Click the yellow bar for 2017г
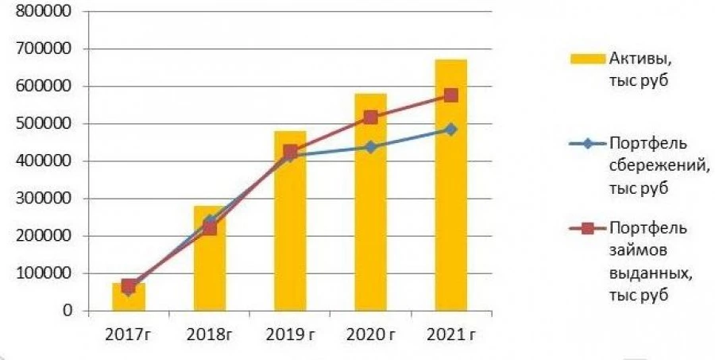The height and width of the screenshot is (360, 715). click(x=129, y=298)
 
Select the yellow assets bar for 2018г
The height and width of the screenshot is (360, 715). click(x=209, y=270)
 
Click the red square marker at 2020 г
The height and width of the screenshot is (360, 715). click(x=370, y=118)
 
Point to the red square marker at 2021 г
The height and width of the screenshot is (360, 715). click(x=450, y=95)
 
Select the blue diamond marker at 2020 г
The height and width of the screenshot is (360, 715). click(x=370, y=147)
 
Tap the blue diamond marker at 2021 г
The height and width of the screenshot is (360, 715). click(x=450, y=129)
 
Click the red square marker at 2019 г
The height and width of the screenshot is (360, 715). click(x=290, y=151)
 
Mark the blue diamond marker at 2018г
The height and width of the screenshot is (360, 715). click(x=209, y=220)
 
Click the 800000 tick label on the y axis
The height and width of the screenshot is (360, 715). click(x=44, y=12)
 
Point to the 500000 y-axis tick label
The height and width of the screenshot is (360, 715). click(x=44, y=124)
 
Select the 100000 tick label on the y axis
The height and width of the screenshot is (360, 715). click(x=44, y=273)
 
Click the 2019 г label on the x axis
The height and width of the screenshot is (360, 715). click(x=290, y=333)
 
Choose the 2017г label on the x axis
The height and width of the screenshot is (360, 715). click(x=129, y=333)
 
